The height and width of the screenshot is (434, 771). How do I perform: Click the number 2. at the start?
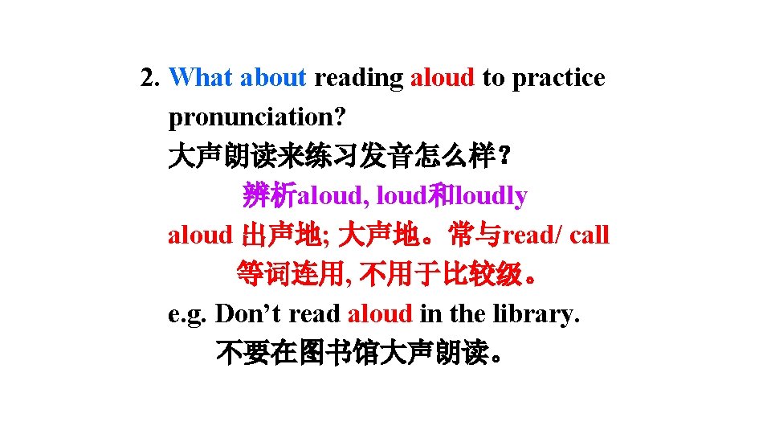click(x=151, y=78)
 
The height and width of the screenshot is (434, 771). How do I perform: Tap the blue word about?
click(x=273, y=78)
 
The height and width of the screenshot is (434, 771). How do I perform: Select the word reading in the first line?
click(x=358, y=78)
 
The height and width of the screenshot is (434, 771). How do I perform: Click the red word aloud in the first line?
click(x=443, y=78)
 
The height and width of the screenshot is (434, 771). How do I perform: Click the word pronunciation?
click(x=257, y=117)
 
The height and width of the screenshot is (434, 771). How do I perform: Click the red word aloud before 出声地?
click(x=200, y=235)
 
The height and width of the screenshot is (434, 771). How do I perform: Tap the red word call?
click(x=591, y=235)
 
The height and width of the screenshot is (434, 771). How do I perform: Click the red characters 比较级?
click(x=490, y=275)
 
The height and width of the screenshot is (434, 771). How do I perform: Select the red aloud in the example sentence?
click(x=381, y=313)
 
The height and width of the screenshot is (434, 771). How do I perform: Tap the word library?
click(x=537, y=313)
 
